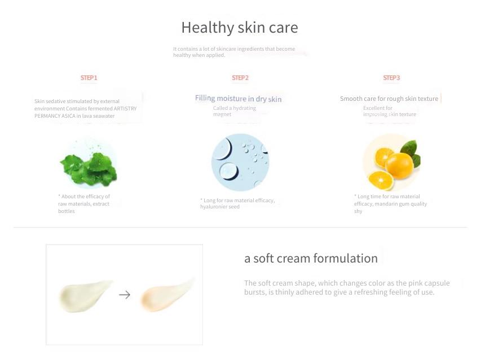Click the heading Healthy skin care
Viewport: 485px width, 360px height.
240,28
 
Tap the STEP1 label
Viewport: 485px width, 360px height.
89,78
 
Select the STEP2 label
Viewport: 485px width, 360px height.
240,78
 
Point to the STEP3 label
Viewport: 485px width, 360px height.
391,78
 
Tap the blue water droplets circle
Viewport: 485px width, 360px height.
240,162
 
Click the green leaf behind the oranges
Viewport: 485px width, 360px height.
409,148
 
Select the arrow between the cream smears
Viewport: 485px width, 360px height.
125,295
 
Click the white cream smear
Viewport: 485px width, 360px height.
85,295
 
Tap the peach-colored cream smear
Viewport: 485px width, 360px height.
167,295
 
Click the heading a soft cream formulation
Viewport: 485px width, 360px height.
311,259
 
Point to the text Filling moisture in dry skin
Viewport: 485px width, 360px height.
238,99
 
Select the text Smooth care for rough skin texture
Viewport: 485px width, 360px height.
389,99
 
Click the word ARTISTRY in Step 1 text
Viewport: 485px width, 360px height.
125,109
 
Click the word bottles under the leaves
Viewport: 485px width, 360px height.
67,211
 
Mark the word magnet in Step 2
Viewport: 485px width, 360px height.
222,114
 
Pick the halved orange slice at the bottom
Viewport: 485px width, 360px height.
381,180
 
